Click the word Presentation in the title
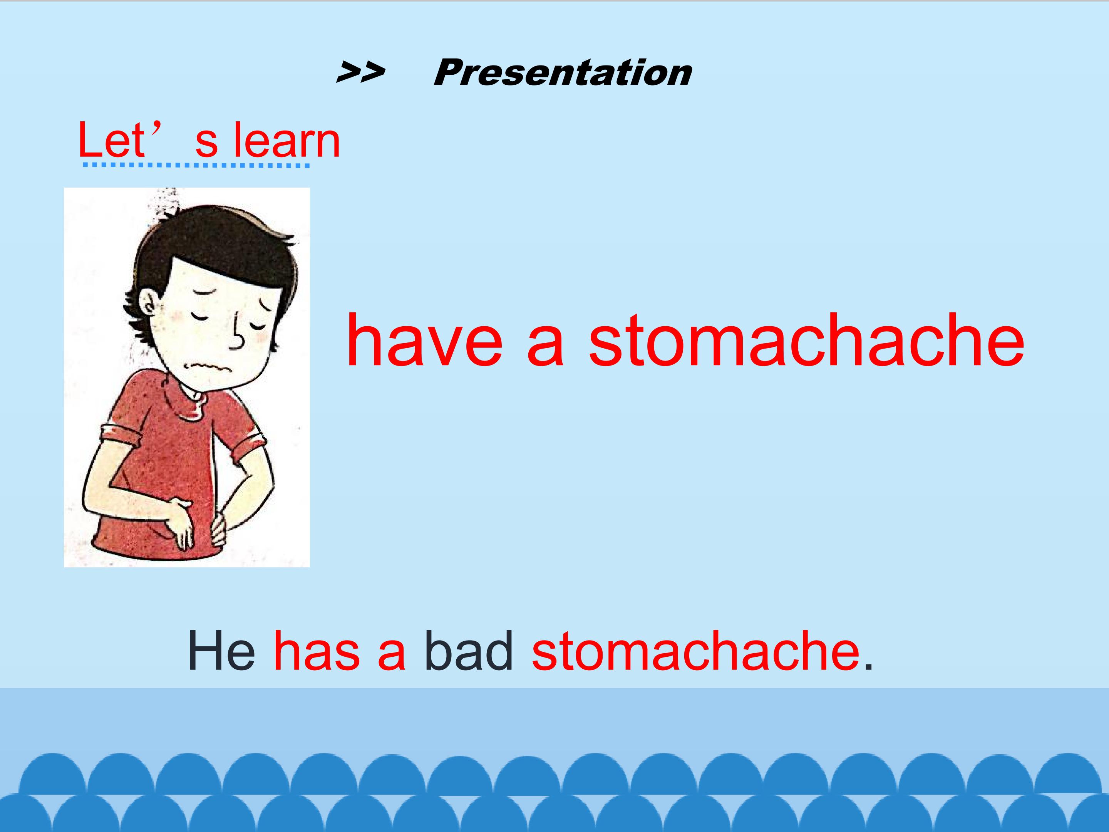(563, 73)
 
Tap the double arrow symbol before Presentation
(360, 73)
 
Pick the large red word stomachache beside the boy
(807, 341)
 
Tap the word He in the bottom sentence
(221, 651)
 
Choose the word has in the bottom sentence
(317, 651)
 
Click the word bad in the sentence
(469, 651)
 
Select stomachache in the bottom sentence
(696, 651)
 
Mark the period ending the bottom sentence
(869, 666)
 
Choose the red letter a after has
(392, 655)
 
